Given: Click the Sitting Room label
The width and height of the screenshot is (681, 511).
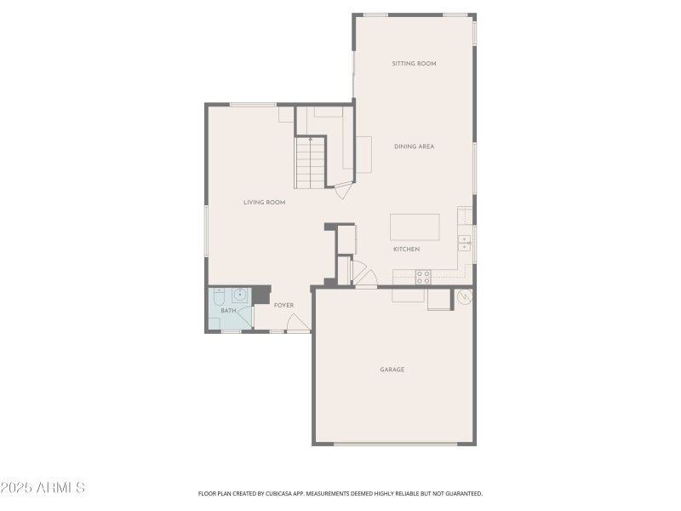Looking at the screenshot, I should click(x=414, y=64).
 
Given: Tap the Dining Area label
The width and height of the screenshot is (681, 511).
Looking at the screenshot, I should click(x=414, y=146).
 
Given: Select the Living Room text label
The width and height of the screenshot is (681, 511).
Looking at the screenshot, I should click(x=264, y=203).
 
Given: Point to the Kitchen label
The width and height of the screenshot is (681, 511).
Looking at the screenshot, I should click(x=406, y=250).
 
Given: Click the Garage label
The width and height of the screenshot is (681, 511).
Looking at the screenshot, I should click(x=392, y=370).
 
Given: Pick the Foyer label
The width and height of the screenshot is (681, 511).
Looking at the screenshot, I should click(x=283, y=306).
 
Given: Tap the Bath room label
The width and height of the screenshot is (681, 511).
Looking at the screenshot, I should click(x=228, y=311).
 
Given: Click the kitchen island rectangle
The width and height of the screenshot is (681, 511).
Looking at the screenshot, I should click(x=415, y=227).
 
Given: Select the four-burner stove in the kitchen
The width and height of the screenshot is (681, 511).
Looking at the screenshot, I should click(x=422, y=276).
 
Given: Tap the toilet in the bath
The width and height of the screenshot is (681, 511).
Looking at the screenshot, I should click(x=219, y=296).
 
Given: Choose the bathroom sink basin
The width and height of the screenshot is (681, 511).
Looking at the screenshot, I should click(x=240, y=295).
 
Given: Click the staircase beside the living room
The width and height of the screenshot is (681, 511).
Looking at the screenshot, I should click(x=310, y=164).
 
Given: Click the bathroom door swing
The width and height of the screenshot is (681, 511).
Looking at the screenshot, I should click(x=246, y=316).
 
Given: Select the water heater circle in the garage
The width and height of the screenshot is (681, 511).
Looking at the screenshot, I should click(x=465, y=297).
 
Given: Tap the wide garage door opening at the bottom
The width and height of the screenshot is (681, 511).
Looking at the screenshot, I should click(x=394, y=444).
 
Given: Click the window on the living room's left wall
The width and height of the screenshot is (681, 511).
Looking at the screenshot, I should click(x=206, y=231).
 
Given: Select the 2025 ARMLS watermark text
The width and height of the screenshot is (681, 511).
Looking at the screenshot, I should click(x=43, y=488).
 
